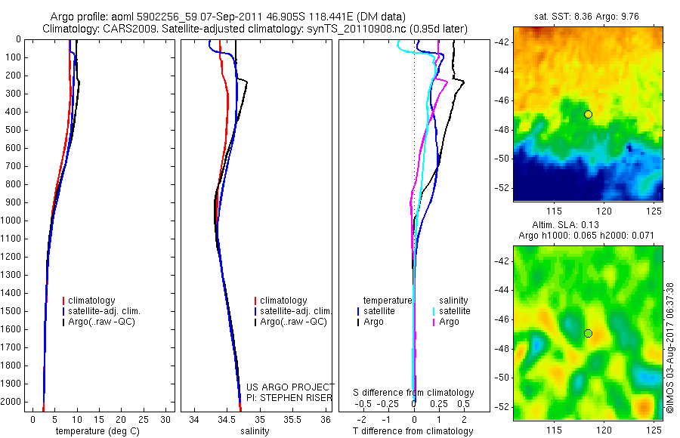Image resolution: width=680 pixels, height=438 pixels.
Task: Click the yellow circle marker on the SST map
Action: pyautogui.click(x=588, y=114)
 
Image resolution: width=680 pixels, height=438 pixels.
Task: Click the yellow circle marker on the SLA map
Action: pyautogui.click(x=588, y=333)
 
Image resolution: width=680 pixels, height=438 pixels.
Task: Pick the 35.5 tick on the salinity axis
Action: pyautogui.click(x=292, y=418)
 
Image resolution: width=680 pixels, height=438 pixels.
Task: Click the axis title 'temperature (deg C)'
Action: pyautogui.click(x=96, y=431)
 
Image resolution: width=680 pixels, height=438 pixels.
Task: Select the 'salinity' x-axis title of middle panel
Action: pyautogui.click(x=255, y=431)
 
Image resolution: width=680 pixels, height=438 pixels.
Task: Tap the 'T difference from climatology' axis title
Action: pyautogui.click(x=413, y=431)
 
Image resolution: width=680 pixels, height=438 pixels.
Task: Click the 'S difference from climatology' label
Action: pyautogui.click(x=413, y=393)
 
